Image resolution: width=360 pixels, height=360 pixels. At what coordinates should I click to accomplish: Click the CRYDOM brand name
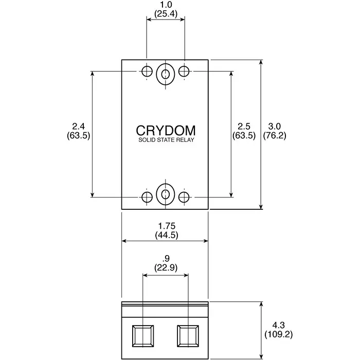165,130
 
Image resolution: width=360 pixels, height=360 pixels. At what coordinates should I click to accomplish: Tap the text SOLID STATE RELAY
165,140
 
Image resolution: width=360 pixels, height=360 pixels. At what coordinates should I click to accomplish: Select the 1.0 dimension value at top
166,5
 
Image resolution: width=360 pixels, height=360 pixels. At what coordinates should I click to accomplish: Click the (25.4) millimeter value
166,14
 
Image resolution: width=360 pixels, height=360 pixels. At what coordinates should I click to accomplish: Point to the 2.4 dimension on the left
78,127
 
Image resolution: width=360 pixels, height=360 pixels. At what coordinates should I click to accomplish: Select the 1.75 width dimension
166,226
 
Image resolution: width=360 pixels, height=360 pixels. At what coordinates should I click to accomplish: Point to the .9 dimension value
166,259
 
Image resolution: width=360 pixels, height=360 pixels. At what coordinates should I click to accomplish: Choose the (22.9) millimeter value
166,268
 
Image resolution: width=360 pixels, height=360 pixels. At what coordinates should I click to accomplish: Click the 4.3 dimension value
278,325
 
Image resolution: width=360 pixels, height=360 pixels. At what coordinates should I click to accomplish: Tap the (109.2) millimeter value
278,334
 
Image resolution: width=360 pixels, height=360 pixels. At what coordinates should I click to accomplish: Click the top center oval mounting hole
165,74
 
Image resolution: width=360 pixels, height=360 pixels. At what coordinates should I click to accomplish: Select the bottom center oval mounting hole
165,194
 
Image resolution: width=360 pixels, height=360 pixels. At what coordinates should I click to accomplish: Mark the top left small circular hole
147,71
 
